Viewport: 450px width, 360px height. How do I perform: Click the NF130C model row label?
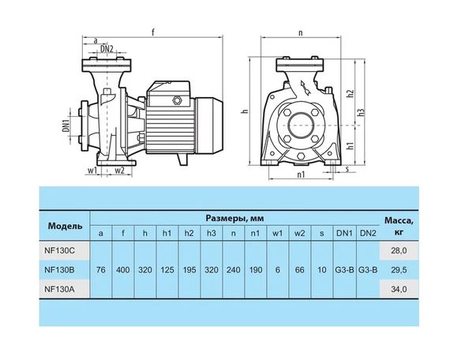59,250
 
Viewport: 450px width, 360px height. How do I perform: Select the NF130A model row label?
59,289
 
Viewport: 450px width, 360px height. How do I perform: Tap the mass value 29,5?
399,270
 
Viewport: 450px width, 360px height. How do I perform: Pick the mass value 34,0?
399,289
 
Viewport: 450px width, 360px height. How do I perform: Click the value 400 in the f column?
123,270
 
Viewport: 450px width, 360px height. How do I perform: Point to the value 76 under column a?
101,270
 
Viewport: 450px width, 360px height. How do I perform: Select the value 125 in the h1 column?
167,270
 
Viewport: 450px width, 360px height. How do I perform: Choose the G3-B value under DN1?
344,270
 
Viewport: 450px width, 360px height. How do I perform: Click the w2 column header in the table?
300,233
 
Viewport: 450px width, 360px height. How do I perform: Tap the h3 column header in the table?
212,233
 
